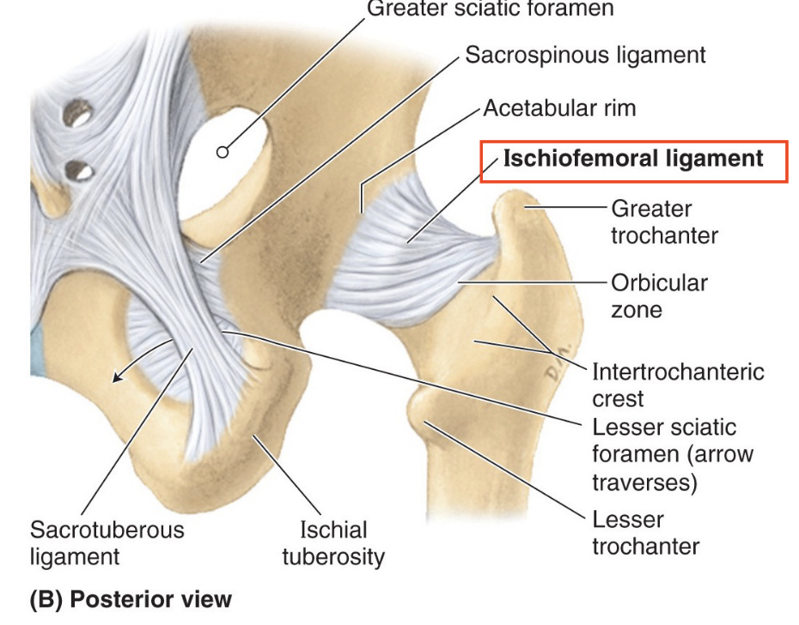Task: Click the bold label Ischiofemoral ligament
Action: tap(633, 159)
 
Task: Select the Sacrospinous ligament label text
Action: tap(585, 56)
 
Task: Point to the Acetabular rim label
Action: tap(559, 108)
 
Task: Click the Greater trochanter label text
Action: tap(651, 221)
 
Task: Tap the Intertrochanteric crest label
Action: tap(677, 385)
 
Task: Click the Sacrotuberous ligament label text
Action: tap(107, 543)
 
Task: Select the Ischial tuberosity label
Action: tap(333, 543)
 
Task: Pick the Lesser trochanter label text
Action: tap(645, 532)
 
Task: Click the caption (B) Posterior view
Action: tap(131, 598)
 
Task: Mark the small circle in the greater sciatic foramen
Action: tap(223, 152)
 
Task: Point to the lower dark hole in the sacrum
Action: tap(79, 169)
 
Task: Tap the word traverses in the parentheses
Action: tap(643, 482)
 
